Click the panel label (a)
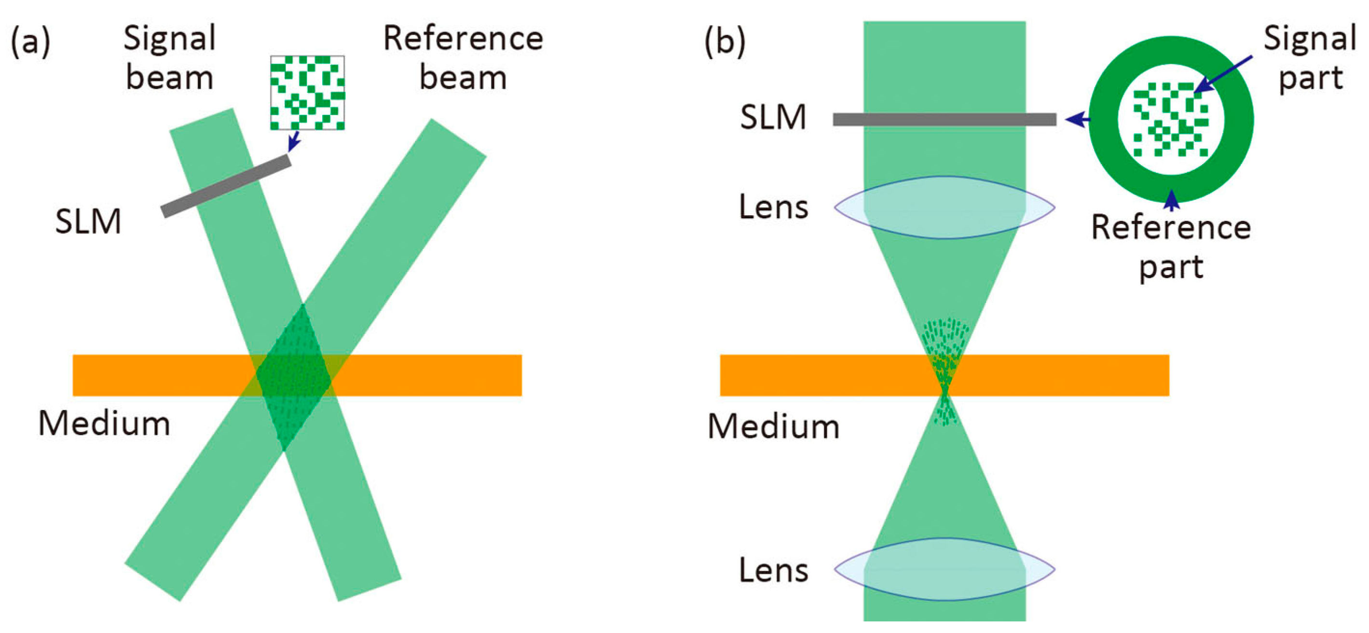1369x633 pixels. tap(30, 41)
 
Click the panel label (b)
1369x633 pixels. tap(725, 41)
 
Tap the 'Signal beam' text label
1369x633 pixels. tap(169, 58)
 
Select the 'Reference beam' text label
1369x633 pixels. tap(463, 58)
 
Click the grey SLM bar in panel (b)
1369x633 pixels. tap(944, 120)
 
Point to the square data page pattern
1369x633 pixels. tap(307, 93)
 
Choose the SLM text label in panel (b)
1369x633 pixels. tap(773, 117)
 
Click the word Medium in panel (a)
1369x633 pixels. tap(104, 424)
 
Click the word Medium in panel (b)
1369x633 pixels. tap(773, 427)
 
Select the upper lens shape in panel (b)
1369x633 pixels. tap(944, 207)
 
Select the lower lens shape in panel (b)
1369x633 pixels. tap(944, 569)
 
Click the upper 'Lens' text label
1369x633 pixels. tap(773, 207)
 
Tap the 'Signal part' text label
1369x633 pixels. tap(1310, 58)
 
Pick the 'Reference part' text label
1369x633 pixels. tap(1171, 247)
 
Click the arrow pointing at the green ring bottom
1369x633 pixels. tap(1171, 200)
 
